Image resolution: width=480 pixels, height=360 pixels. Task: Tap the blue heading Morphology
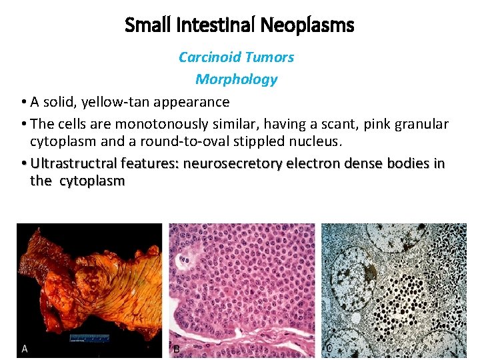[x=236, y=79]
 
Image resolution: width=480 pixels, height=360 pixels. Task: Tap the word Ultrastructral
[x=75, y=164]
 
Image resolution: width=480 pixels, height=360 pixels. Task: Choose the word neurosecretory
[x=233, y=164]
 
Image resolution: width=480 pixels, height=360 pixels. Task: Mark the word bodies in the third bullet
[x=407, y=164]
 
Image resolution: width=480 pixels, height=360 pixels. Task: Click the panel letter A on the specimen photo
[x=24, y=349]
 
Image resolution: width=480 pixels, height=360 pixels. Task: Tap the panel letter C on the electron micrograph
[x=329, y=348]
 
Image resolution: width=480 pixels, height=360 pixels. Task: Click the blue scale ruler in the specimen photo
[x=89, y=339]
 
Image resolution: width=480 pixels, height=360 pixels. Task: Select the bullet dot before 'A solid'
[x=23, y=103]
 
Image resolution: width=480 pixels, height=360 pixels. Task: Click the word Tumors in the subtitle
[x=272, y=57]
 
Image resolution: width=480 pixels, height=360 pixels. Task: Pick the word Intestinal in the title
[x=215, y=26]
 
